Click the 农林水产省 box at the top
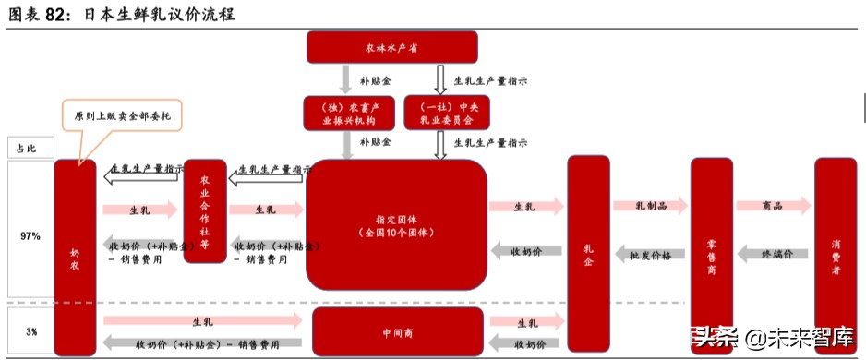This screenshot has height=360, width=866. click(391, 47)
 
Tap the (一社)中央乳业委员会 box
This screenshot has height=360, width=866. click(440, 113)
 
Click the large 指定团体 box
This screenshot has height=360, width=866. click(396, 226)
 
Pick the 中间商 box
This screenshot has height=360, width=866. click(397, 331)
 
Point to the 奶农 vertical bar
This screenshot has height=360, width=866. click(75, 257)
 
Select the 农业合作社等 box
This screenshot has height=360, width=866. click(205, 211)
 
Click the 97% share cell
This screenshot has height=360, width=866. click(30, 236)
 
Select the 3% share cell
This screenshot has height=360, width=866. click(30, 331)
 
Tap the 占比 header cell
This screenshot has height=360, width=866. click(30, 148)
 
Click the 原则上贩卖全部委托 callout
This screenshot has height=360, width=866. click(122, 116)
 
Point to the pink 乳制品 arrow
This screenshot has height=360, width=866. click(650, 207)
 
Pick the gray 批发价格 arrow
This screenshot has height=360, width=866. click(650, 252)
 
